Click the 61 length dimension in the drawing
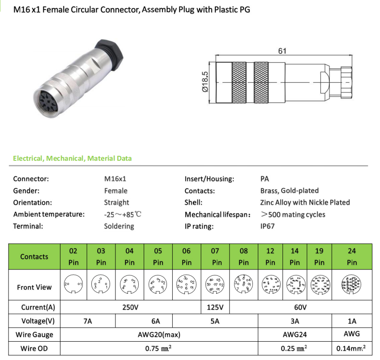coord(282,51)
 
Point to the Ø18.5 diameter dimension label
coord(205,82)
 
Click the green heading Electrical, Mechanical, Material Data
coord(73,159)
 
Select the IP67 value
coord(267,226)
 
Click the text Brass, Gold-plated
coord(289,191)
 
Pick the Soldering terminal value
coord(119,226)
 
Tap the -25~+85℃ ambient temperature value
coord(123,214)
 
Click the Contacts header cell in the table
coord(34,257)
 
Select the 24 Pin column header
coord(352,257)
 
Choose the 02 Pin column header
coord(73,257)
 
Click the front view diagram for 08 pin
coord(243,284)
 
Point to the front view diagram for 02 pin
coord(73,285)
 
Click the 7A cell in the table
coord(87,321)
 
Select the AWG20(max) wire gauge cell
coord(159,334)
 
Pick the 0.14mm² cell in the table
coord(352,348)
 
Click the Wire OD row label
coord(34,348)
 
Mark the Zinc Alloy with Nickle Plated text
coord(305,202)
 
